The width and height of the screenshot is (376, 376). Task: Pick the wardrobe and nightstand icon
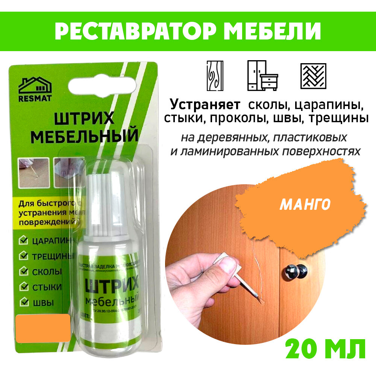tap(262, 76)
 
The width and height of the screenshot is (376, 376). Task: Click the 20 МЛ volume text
tap(325, 349)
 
